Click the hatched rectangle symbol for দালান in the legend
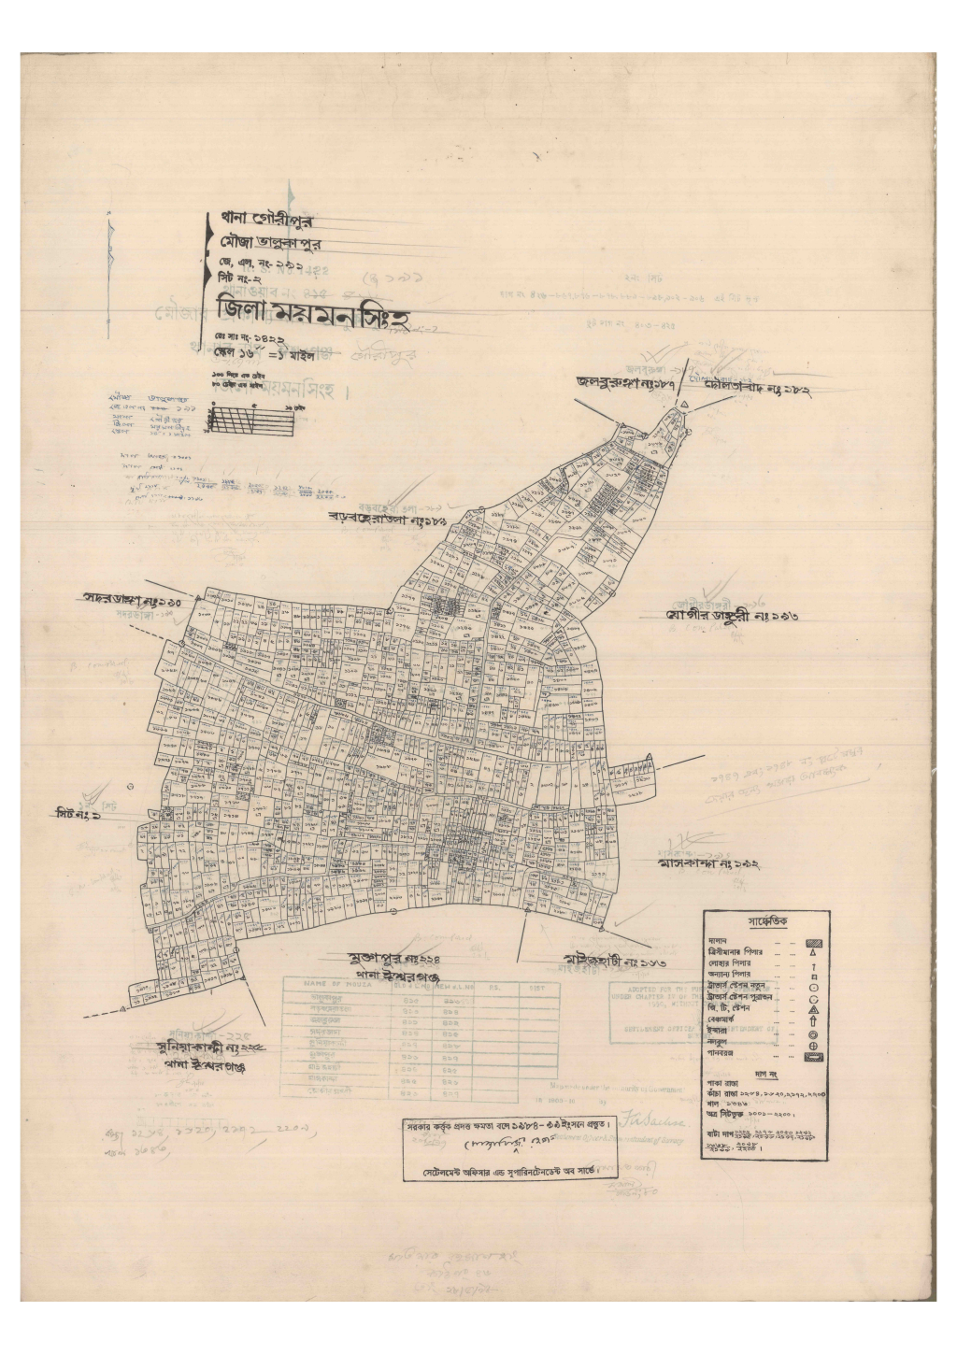pos(813,942)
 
